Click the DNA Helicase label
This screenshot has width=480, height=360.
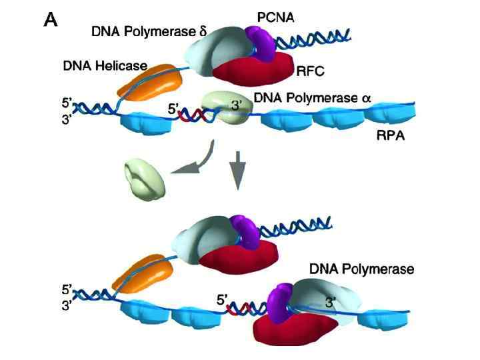point(103,66)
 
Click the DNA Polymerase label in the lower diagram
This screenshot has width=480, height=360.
point(362,269)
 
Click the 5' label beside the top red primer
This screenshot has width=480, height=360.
point(174,109)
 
